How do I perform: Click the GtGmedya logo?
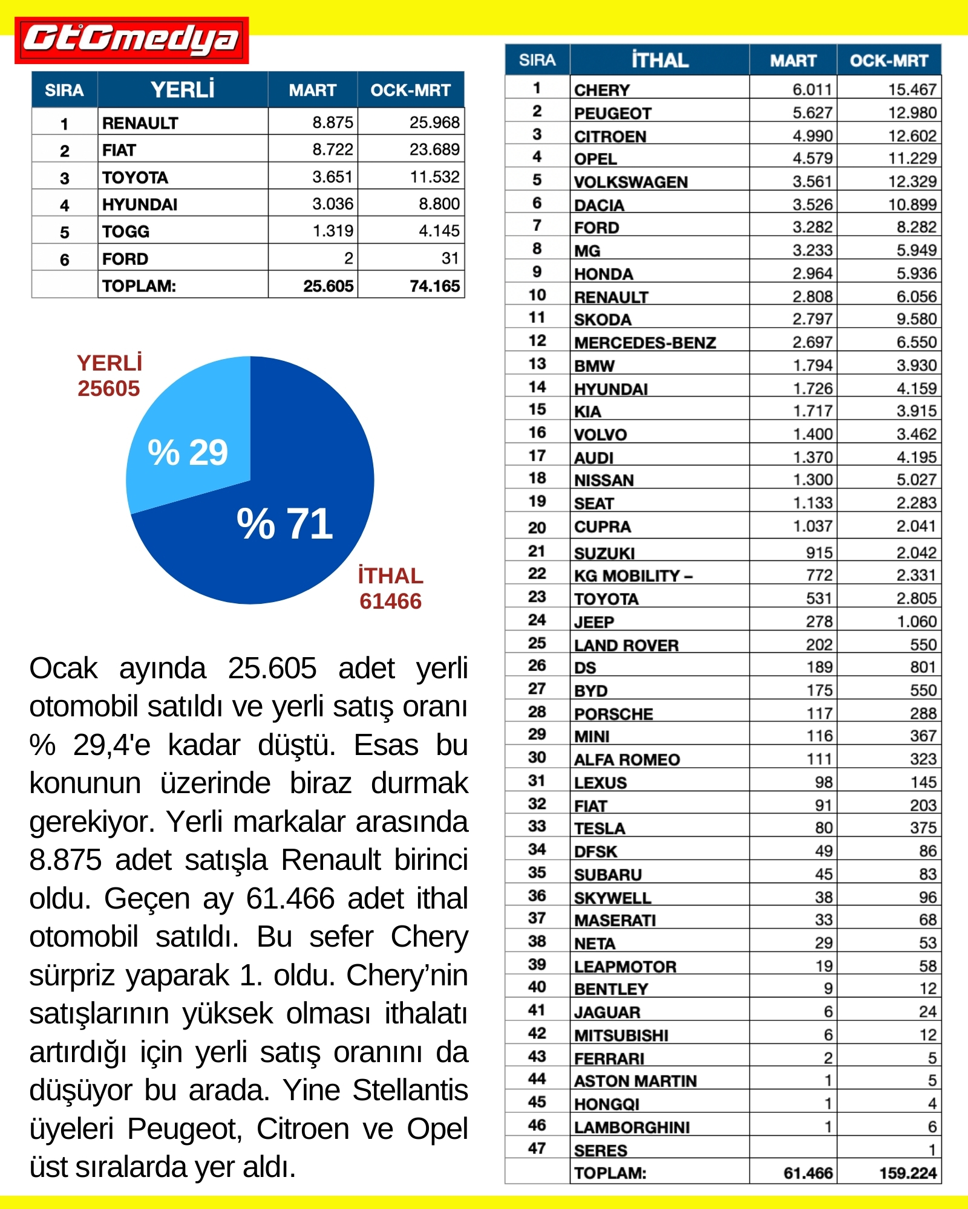131,40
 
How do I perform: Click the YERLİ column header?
182,90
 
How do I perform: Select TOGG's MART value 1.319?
333,231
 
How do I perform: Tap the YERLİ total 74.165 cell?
434,286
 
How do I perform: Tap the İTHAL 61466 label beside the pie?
390,588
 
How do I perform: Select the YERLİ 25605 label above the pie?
110,375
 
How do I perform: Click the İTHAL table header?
659,60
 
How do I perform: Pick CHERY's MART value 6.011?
812,89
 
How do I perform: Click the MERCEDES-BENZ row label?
645,343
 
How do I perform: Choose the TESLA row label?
600,828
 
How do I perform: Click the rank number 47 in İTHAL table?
537,1149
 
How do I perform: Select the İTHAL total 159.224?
907,1173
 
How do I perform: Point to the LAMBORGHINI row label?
632,1127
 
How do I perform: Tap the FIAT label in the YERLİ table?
119,150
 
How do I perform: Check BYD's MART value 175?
819,690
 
